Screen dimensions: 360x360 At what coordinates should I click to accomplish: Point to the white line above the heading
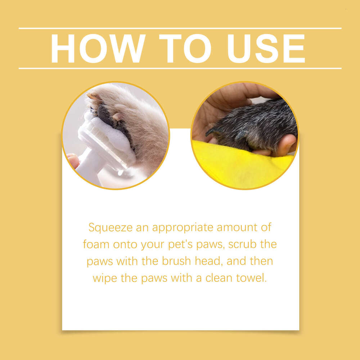pyautogui.click(x=180, y=28)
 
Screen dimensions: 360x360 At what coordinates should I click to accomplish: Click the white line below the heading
pyautogui.click(x=180, y=68)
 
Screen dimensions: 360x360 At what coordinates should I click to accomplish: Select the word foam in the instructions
pyautogui.click(x=96, y=244)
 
